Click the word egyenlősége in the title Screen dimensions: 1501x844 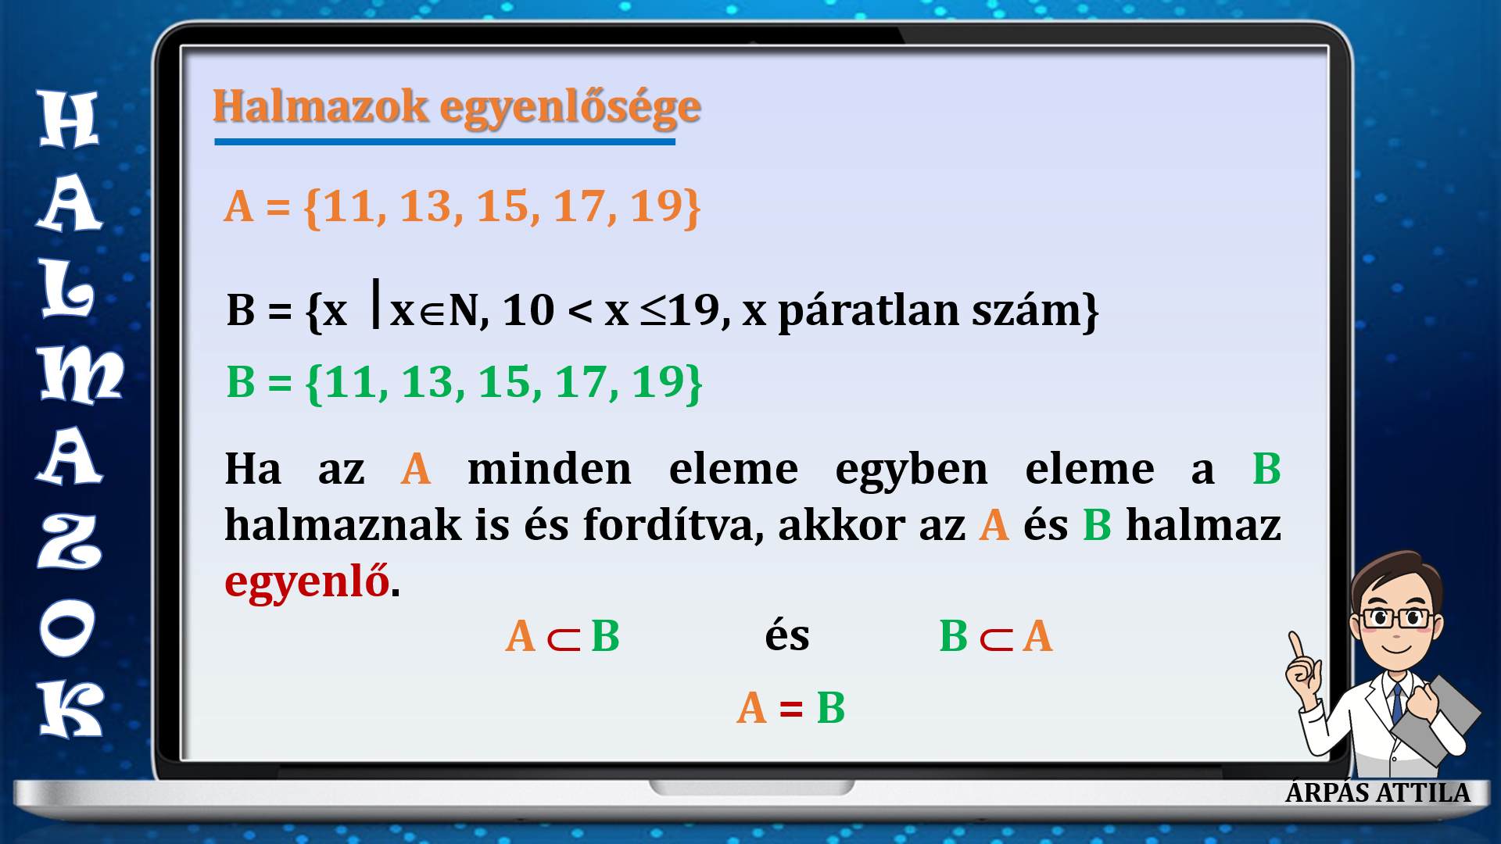570,108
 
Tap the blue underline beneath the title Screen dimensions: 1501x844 445,141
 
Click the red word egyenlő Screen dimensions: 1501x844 306,582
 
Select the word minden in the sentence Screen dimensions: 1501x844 549,469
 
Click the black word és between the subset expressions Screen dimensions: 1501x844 786,635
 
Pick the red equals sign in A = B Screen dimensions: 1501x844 791,709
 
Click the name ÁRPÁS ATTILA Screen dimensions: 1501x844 1377,792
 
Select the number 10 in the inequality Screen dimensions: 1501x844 528,311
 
